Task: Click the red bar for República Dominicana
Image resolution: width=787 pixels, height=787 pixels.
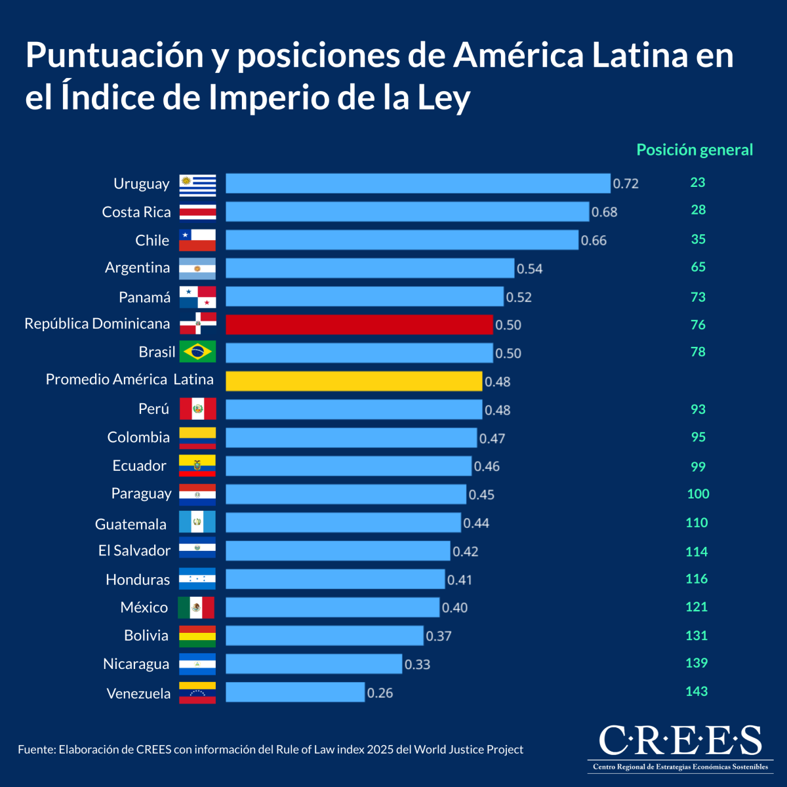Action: click(x=359, y=325)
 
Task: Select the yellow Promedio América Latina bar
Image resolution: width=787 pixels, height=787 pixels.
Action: click(x=353, y=381)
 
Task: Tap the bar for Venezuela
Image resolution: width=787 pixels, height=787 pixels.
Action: click(x=295, y=692)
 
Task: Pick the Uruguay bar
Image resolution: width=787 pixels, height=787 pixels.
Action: click(x=418, y=183)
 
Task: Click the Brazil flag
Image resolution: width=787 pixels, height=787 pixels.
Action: click(x=197, y=352)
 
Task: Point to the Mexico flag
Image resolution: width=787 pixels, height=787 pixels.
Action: click(x=196, y=607)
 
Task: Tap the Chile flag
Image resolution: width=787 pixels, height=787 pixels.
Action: click(x=197, y=240)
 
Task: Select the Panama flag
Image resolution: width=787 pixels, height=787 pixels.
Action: click(x=197, y=296)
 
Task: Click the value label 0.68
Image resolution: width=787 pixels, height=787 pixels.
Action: click(x=604, y=212)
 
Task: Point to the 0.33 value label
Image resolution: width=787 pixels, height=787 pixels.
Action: click(x=417, y=664)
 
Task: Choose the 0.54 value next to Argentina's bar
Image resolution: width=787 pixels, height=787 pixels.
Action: click(x=529, y=269)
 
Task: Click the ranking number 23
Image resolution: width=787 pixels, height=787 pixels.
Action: click(x=697, y=182)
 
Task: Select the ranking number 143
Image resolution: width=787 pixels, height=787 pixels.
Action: click(x=696, y=691)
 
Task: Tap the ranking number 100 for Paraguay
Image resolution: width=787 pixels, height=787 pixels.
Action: click(x=698, y=494)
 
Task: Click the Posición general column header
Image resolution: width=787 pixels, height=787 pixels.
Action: click(x=695, y=150)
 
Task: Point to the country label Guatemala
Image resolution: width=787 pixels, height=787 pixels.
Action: click(x=131, y=524)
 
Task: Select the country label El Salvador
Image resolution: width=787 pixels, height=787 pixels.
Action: click(x=134, y=551)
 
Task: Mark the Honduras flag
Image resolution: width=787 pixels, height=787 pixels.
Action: click(x=197, y=579)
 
